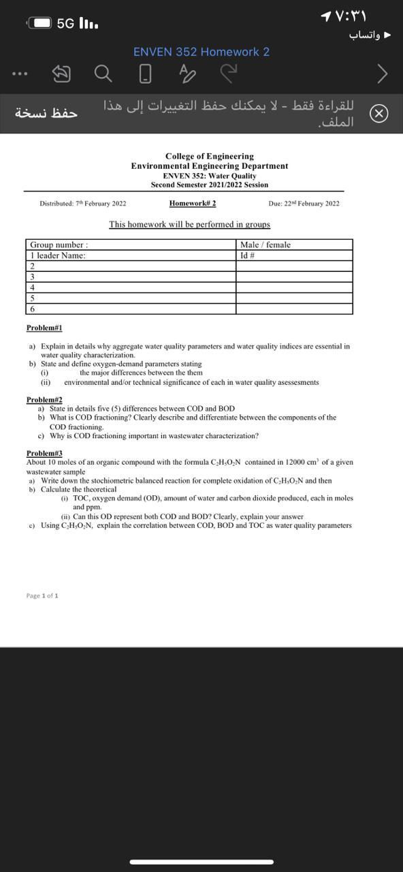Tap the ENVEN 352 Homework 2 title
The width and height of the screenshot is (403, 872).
(201, 52)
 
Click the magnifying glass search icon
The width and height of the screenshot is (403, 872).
(103, 73)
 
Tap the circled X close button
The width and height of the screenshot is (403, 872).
(379, 114)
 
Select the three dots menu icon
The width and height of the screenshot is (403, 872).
(20, 73)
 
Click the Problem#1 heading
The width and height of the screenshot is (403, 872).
(44, 328)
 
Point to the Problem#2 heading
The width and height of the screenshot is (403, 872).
(44, 400)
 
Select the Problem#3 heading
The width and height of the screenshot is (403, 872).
(44, 453)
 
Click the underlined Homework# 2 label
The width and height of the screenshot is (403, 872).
(193, 203)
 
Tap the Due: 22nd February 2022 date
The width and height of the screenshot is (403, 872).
(304, 204)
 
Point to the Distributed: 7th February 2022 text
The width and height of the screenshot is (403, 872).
(82, 204)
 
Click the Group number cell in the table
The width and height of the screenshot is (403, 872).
(59, 245)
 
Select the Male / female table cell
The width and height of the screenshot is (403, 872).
(265, 245)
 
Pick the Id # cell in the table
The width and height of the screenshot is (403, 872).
(248, 255)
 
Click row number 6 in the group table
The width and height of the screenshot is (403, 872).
(32, 309)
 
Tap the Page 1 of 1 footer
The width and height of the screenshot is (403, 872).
(42, 595)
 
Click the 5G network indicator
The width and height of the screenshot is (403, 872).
(65, 23)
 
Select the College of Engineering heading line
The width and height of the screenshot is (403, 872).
(210, 156)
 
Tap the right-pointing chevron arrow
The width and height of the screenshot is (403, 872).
(382, 74)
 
